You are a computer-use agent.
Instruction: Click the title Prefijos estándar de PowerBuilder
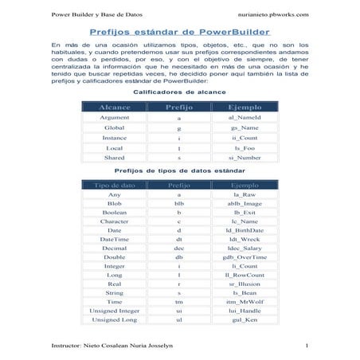coord(179,34)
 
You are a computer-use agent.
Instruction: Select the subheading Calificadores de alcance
coord(179,92)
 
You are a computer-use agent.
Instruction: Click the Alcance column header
coord(115,106)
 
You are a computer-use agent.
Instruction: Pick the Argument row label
coord(115,118)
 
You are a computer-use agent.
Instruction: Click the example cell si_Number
coord(245,158)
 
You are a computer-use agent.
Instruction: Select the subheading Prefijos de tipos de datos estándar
coord(179,170)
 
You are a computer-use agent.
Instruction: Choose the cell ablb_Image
coord(245,204)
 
